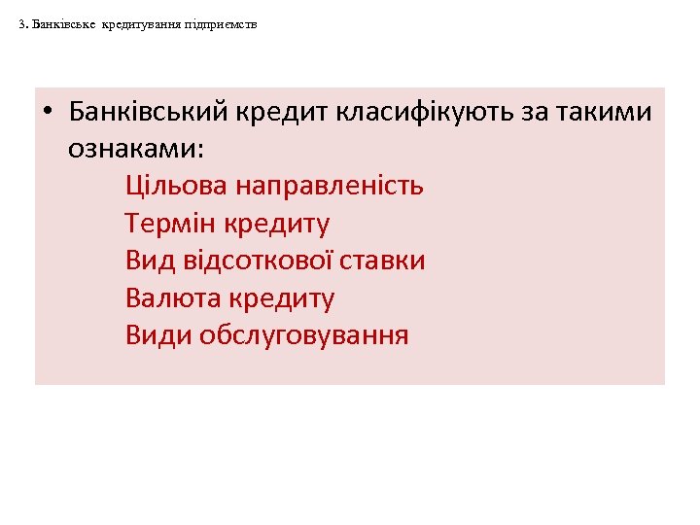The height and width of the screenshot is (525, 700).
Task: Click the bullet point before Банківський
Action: [x=49, y=113]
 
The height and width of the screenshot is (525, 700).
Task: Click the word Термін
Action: [x=170, y=224]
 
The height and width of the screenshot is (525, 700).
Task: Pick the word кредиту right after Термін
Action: [x=277, y=224]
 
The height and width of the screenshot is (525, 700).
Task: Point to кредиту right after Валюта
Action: [x=282, y=298]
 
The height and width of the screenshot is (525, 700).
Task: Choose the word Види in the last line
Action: [x=157, y=335]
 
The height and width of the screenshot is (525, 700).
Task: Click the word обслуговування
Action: [x=303, y=335]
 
